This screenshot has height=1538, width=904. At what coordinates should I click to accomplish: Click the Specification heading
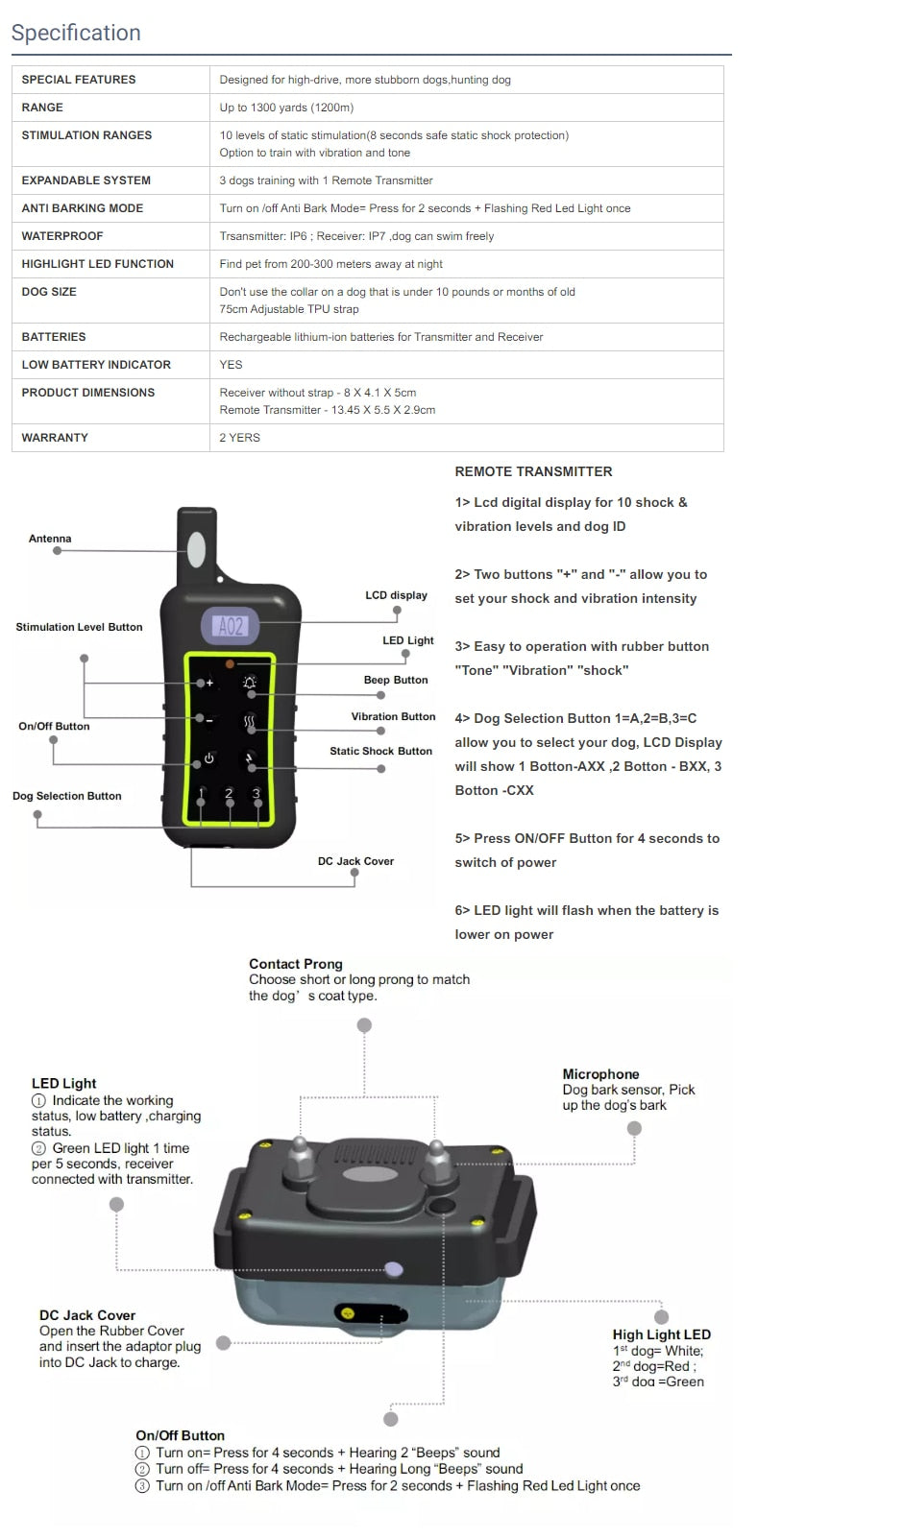[76, 33]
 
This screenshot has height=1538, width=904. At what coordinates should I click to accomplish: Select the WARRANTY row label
[55, 438]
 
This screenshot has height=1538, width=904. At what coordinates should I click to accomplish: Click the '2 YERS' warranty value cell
[239, 438]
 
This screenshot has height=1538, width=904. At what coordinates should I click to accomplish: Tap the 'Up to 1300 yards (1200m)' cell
[286, 108]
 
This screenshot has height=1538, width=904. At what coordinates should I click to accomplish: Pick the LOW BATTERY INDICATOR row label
[96, 365]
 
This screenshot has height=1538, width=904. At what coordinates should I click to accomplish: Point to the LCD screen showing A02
[231, 627]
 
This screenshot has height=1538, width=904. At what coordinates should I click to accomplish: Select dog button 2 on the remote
[229, 794]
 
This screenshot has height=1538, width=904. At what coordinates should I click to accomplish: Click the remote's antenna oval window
[196, 550]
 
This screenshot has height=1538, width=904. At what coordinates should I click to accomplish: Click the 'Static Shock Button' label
[380, 751]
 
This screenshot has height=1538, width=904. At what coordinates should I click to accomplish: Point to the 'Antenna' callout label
[50, 539]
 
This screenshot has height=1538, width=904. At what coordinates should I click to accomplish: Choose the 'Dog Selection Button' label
[67, 796]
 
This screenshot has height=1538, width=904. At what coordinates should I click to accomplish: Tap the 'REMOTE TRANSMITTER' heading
[533, 471]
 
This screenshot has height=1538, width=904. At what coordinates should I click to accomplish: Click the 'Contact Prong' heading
[296, 964]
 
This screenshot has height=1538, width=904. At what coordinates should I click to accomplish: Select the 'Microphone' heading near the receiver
[600, 1074]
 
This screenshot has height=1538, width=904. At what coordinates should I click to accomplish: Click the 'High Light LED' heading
[662, 1334]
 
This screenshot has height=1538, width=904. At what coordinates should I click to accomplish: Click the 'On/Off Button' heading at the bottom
[180, 1435]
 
